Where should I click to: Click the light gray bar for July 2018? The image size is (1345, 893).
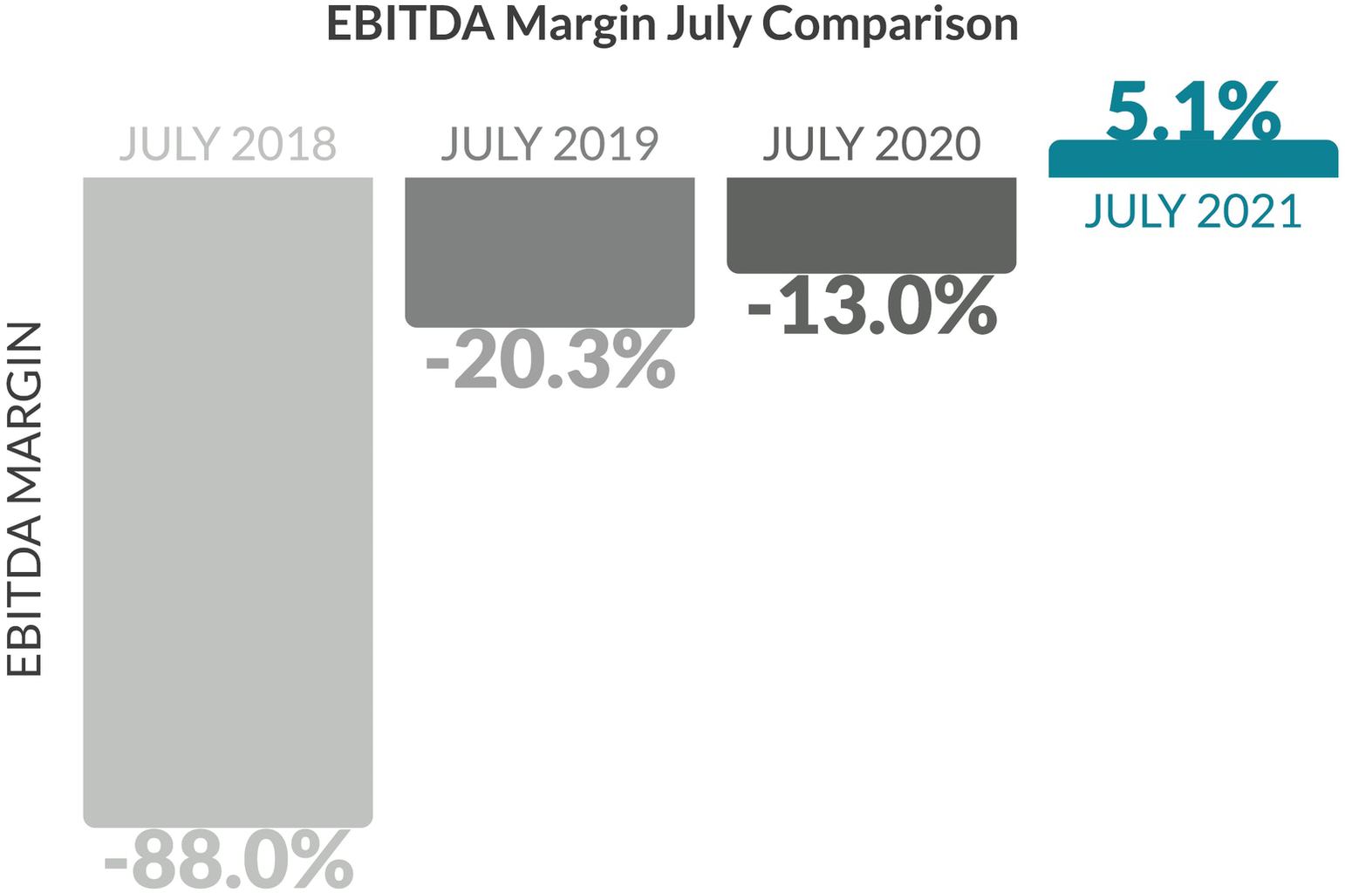[228, 501]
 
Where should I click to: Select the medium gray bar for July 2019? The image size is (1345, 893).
[550, 252]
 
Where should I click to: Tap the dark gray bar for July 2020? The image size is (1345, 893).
[871, 224]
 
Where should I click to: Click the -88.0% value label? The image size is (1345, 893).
[229, 860]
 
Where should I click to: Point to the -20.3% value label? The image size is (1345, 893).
[550, 359]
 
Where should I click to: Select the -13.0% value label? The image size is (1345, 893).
[871, 306]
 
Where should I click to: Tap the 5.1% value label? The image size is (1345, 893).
[1192, 112]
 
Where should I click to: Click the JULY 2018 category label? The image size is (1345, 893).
[228, 144]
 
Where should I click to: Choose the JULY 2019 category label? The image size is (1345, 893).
[550, 144]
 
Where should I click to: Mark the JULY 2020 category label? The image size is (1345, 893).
[871, 144]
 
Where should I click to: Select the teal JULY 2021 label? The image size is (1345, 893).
[1192, 211]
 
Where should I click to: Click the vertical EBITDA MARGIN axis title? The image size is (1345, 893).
[24, 500]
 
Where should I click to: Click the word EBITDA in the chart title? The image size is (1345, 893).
[410, 24]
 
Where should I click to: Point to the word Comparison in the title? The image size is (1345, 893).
[891, 24]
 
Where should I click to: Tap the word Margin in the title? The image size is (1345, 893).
[581, 24]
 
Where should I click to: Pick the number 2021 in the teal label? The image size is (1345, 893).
[1249, 211]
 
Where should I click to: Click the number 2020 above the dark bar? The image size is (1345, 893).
[928, 144]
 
